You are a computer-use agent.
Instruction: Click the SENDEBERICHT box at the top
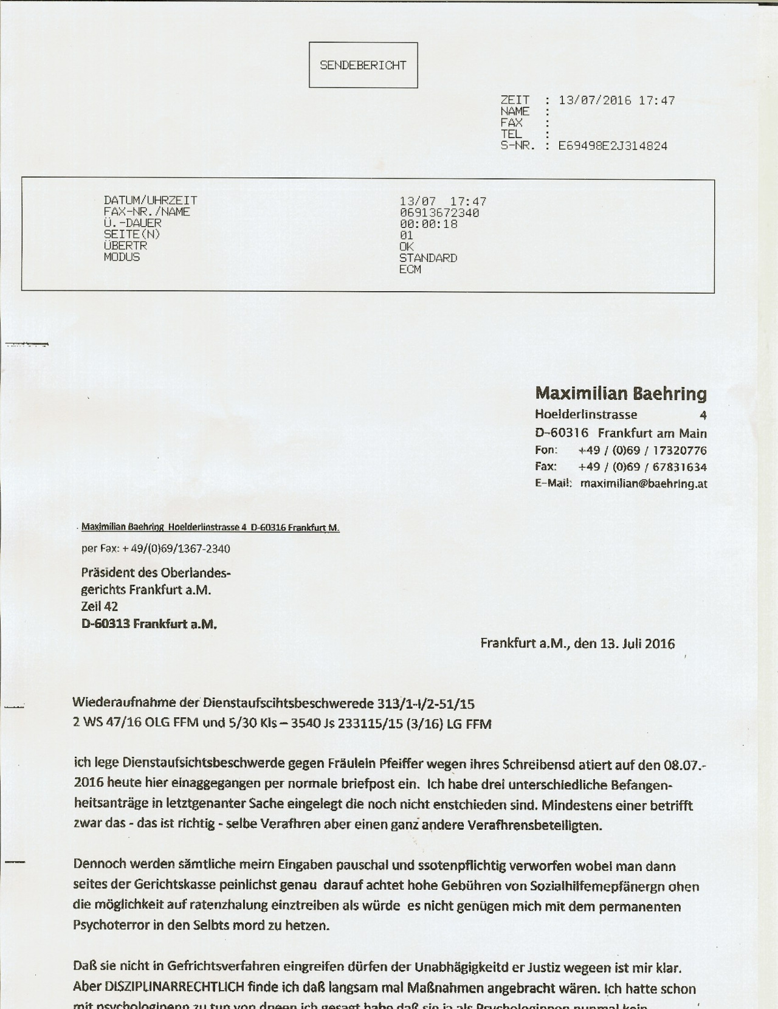(363, 65)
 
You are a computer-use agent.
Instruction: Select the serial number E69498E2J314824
(613, 146)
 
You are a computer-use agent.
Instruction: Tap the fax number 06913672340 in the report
(439, 213)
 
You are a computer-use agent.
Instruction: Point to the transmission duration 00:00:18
(428, 224)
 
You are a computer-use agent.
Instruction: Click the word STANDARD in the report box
(428, 258)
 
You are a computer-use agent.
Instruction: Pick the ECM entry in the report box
(410, 269)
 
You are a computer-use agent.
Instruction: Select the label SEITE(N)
(132, 235)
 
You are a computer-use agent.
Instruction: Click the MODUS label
(122, 257)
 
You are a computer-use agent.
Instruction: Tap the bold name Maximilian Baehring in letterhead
(621, 394)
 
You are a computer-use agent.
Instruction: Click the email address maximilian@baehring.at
(644, 484)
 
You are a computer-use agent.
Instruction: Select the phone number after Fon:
(642, 450)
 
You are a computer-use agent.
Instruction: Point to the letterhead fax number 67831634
(680, 467)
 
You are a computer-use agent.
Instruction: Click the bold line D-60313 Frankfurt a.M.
(149, 624)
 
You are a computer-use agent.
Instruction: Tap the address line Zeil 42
(99, 606)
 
